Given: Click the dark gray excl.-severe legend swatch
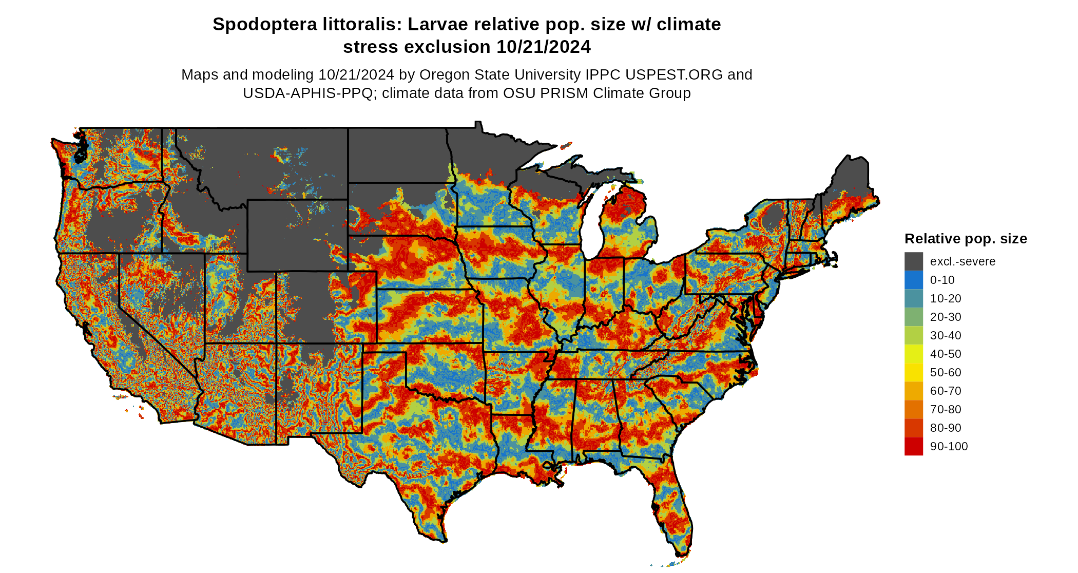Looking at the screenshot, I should pyautogui.click(x=913, y=261).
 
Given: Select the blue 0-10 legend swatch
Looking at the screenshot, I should pyautogui.click(x=913, y=280).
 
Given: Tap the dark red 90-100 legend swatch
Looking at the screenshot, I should pyautogui.click(x=913, y=446).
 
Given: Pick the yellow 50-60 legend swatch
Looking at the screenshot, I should pyautogui.click(x=913, y=372).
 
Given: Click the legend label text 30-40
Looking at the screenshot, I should pyautogui.click(x=945, y=336).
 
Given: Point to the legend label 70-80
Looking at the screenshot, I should pyautogui.click(x=945, y=410).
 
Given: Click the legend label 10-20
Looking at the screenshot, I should pyautogui.click(x=945, y=299).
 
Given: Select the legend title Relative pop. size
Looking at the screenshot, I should pyautogui.click(x=965, y=239).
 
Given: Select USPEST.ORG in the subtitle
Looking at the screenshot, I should pyautogui.click(x=673, y=75).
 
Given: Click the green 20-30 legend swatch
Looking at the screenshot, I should pyautogui.click(x=913, y=317).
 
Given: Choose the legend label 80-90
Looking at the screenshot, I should pyautogui.click(x=945, y=428).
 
